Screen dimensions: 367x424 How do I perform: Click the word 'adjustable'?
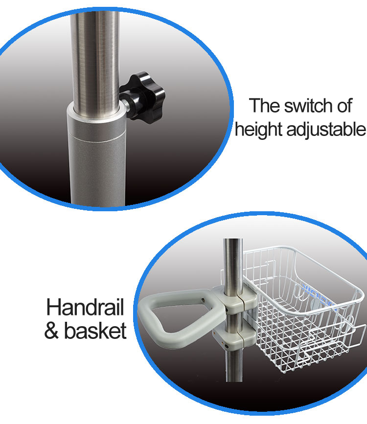(326, 130)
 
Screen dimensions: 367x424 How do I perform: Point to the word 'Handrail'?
(85, 307)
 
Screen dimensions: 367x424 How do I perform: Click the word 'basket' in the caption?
(95, 331)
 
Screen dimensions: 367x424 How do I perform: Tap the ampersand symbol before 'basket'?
(51, 331)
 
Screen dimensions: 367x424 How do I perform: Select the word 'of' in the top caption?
(344, 106)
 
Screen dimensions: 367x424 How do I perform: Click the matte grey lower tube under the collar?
(97, 170)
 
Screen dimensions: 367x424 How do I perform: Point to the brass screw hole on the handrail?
(203, 300)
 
